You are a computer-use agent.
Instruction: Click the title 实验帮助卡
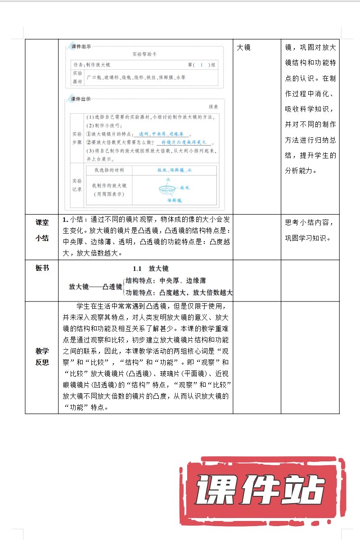point(144,54)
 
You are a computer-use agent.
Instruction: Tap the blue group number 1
point(202,65)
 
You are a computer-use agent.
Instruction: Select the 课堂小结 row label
point(42,230)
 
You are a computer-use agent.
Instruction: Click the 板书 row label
point(42,268)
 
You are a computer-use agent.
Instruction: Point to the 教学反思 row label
point(42,356)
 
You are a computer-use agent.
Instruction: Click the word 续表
point(213,107)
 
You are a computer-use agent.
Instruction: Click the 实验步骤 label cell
point(77,138)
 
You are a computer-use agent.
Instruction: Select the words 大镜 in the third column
point(243,47)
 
